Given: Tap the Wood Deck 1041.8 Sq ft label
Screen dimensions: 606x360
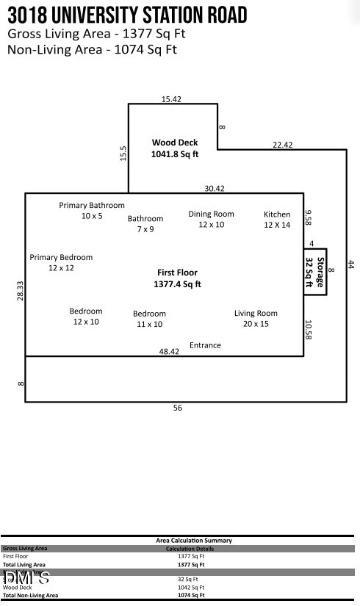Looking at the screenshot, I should tap(175, 148).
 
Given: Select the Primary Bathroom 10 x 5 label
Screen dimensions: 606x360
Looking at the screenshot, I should tap(92, 211).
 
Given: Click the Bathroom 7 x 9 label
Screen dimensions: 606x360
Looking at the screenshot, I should tap(145, 224).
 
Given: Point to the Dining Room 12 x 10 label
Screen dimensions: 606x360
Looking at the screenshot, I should tap(211, 219).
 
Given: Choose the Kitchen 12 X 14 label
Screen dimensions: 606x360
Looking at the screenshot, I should tap(277, 220).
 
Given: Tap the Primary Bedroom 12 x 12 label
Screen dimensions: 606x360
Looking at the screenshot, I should tap(61, 263).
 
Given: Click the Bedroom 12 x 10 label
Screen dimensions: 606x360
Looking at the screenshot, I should tap(86, 317).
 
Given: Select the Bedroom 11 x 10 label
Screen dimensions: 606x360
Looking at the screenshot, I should tap(149, 319).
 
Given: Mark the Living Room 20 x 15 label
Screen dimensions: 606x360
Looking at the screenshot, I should tap(256, 318).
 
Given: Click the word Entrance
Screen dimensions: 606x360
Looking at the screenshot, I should tap(205, 345).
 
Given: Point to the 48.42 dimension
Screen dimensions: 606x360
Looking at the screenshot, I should tap(170, 352).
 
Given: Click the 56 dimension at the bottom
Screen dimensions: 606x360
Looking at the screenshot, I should tap(177, 408).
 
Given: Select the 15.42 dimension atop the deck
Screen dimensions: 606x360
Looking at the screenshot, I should tap(171, 98).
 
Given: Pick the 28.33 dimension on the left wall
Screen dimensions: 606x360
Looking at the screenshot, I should tap(21, 290).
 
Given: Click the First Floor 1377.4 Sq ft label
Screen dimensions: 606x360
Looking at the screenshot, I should tap(177, 278).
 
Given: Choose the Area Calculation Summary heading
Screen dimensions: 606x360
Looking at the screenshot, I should tap(194, 541).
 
